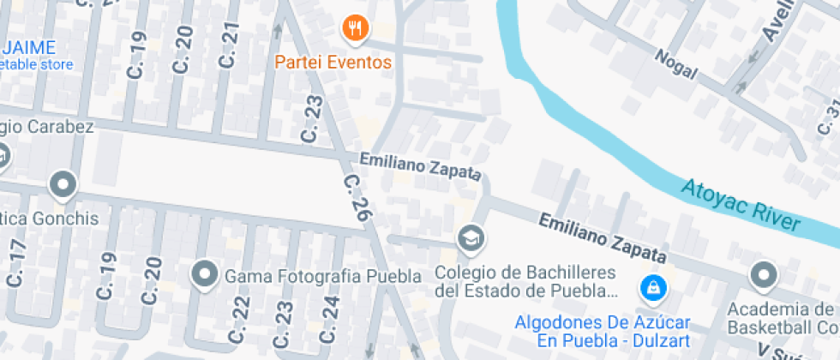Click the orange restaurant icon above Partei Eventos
[x=355, y=30]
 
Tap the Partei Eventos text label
[x=333, y=63]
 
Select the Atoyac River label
[x=741, y=205]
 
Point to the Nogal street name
[x=676, y=63]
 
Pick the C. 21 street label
[x=228, y=45]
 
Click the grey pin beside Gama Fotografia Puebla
[x=205, y=275]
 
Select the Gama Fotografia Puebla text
[x=323, y=276]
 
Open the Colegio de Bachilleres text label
[x=526, y=281]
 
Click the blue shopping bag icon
[x=653, y=289]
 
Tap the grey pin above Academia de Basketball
[x=762, y=275]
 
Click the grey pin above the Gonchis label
[x=63, y=183]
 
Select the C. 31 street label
[x=831, y=117]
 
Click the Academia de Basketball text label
[x=782, y=318]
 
